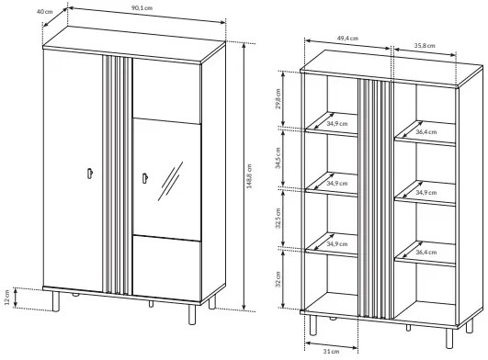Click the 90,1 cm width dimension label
(142, 7)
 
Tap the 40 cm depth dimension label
(45, 12)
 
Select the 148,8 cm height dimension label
(249, 176)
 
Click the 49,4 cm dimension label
(347, 39)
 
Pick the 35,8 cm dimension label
(425, 46)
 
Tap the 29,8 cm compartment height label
(278, 98)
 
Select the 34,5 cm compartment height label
(278, 158)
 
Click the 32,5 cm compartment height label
(278, 219)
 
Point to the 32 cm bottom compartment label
(278, 279)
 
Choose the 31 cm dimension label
(331, 352)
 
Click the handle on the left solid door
(90, 174)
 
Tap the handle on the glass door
(144, 178)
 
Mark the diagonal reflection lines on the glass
(170, 181)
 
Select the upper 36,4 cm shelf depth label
(426, 132)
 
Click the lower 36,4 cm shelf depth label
(426, 253)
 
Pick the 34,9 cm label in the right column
(426, 193)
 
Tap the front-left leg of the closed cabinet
(56, 301)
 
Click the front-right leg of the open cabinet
(448, 338)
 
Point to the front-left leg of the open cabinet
(313, 325)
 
